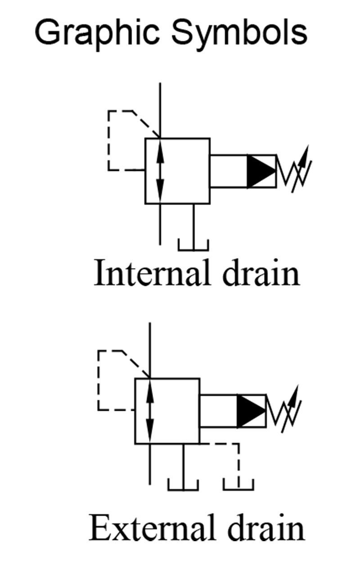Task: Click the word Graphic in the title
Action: tap(92, 33)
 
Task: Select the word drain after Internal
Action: tap(261, 274)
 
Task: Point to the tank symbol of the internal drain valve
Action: tap(193, 245)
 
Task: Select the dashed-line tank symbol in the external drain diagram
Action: tap(238, 485)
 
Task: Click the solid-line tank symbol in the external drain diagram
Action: tap(183, 485)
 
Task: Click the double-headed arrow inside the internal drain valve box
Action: tap(160, 171)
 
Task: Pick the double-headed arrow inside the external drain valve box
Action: tap(150, 411)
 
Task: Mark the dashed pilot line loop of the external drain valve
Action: tap(99, 380)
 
